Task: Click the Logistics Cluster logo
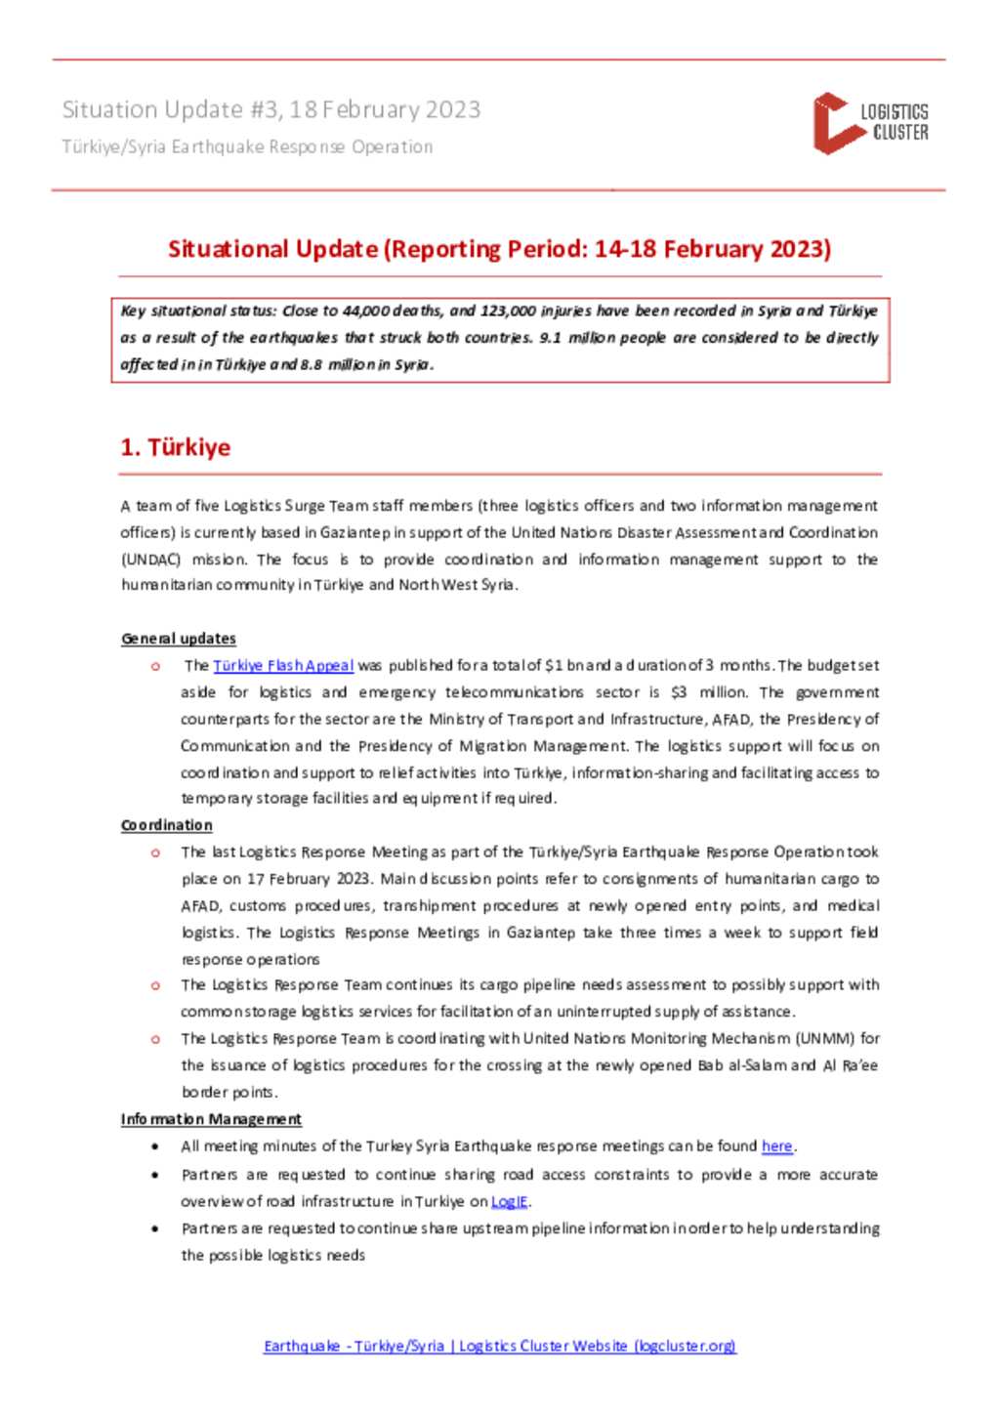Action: [869, 123]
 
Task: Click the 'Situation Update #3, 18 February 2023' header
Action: [271, 109]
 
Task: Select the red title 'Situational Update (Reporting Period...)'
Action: [499, 249]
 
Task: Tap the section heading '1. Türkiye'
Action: [176, 447]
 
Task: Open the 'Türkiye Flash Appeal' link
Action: [283, 665]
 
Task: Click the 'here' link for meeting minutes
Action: [776, 1145]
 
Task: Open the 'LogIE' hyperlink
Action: [509, 1201]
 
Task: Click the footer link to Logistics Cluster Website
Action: [499, 1346]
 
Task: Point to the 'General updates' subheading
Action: [179, 639]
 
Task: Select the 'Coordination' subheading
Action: [167, 825]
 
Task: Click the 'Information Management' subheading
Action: [211, 1119]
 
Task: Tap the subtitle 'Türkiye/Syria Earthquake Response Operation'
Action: [247, 146]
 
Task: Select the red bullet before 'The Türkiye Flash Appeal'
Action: [155, 666]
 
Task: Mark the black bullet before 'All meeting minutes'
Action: [155, 1146]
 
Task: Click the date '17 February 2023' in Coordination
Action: [310, 879]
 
